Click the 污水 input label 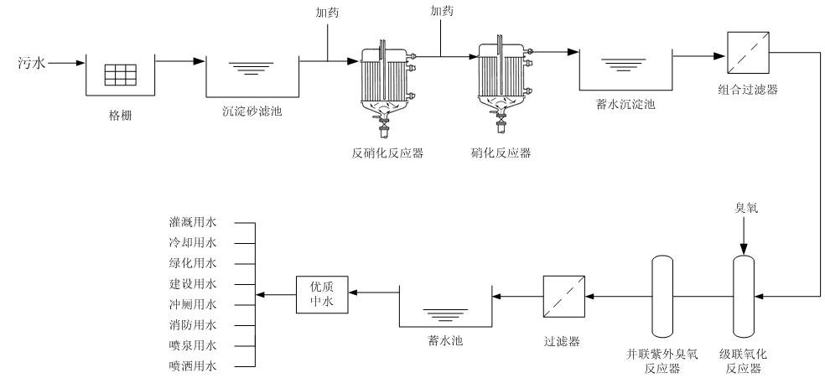pyautogui.click(x=32, y=62)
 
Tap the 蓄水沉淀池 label pyautogui.click(x=625, y=105)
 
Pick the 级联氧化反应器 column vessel pyautogui.click(x=742, y=295)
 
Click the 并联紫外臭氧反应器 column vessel pyautogui.click(x=662, y=295)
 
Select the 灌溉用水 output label pyautogui.click(x=192, y=224)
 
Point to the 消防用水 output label pyautogui.click(x=192, y=325)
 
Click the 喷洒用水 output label pyautogui.click(x=192, y=366)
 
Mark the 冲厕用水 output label pyautogui.click(x=192, y=305)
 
